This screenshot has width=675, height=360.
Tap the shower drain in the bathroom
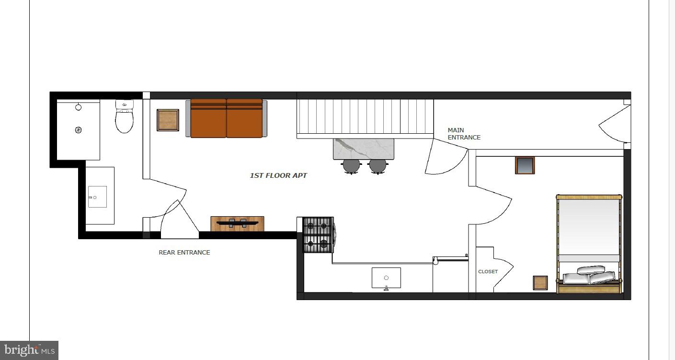click(79, 129)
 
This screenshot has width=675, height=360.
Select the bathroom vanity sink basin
click(97, 197)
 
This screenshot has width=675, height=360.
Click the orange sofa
click(227, 118)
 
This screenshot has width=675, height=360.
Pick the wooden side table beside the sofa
click(168, 120)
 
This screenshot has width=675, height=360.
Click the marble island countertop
click(364, 148)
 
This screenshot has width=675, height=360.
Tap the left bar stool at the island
click(351, 166)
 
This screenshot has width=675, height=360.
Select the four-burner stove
click(318, 235)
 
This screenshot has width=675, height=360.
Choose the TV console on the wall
click(237, 223)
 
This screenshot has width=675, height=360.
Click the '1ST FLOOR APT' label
click(278, 175)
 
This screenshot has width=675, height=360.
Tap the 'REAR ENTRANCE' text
click(184, 253)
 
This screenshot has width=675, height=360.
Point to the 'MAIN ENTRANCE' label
click(463, 134)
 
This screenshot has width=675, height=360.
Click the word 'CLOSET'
click(488, 272)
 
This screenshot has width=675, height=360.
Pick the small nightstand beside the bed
click(540, 283)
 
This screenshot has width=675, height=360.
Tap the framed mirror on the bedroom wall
click(525, 165)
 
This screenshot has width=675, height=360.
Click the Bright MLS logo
click(29, 350)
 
